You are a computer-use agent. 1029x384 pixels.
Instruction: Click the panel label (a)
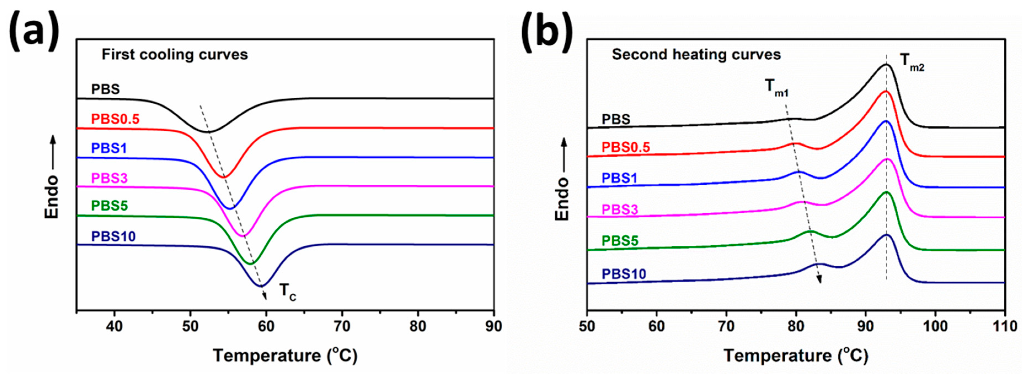(x=34, y=31)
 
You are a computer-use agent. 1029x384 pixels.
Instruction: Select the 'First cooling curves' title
(x=175, y=55)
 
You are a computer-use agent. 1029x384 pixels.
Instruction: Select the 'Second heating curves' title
(x=696, y=55)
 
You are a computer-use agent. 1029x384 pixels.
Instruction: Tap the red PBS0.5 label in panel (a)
(x=115, y=119)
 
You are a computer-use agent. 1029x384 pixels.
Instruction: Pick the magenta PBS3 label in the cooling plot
(x=109, y=178)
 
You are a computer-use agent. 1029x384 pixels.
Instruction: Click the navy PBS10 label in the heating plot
(x=624, y=274)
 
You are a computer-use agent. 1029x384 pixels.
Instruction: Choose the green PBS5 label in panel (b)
(x=620, y=241)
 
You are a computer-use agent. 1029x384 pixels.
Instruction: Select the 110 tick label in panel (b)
(x=1005, y=326)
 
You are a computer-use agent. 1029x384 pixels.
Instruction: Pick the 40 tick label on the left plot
(x=115, y=326)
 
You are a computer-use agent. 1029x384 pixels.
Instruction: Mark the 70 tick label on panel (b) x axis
(x=726, y=326)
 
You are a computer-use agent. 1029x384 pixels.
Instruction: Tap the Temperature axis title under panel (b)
(x=796, y=355)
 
